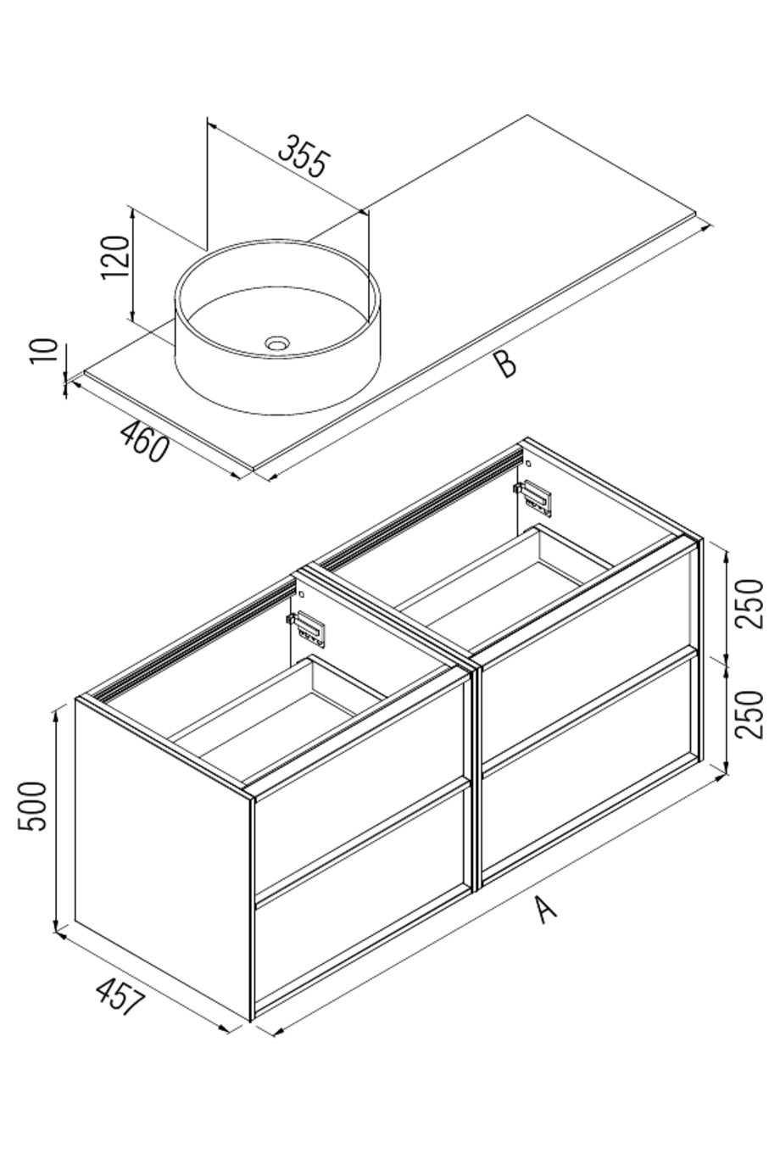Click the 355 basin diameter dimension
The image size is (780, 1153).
coord(303,156)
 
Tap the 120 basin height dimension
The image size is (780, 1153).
coord(115,257)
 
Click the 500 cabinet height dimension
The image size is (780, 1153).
coord(34,805)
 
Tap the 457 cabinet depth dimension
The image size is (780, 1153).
coord(120,997)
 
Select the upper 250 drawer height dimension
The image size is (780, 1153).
coord(750,603)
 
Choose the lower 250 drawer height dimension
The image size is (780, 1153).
coord(750,714)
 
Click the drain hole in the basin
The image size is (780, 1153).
coord(277,343)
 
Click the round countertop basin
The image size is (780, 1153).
coord(277,326)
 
